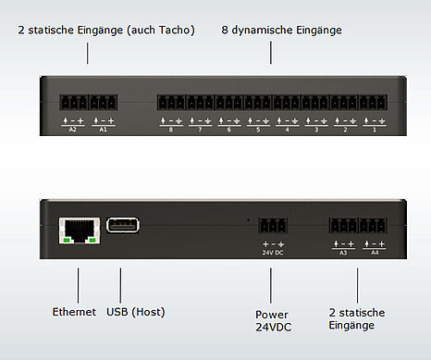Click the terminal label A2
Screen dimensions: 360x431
tap(72, 130)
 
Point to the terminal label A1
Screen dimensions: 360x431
tap(104, 130)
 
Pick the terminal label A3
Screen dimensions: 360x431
tap(342, 252)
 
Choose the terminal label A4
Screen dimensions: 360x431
tap(374, 252)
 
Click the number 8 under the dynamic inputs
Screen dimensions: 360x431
tap(170, 130)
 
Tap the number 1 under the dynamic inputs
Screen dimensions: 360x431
tap(375, 130)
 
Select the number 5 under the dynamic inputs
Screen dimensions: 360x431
tap(258, 130)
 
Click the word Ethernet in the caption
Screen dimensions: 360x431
tap(73, 313)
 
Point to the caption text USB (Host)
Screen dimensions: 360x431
tap(137, 313)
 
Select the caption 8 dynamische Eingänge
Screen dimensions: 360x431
tap(281, 30)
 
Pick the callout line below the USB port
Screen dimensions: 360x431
tap(121, 284)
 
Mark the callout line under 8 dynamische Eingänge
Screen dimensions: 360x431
tap(271, 51)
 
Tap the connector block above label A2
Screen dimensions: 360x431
tap(73, 103)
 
